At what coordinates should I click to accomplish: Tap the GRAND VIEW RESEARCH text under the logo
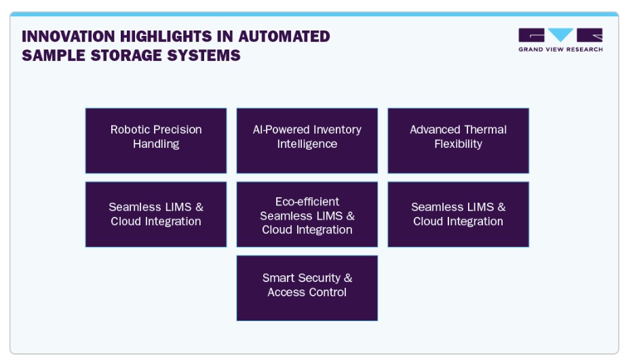coord(560,49)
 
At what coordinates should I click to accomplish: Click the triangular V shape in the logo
coord(561,35)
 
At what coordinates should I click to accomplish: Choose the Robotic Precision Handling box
coord(156,140)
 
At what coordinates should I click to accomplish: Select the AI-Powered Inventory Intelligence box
coord(307,140)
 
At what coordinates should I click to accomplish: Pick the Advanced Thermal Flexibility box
coord(458,140)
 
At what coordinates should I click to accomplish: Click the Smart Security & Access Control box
coord(307,287)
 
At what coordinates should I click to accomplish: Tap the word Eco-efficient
coord(307,201)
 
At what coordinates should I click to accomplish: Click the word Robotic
coord(130,129)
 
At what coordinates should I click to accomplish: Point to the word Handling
coord(156,144)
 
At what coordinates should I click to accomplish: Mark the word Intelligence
coord(307,144)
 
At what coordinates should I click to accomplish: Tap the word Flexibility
coord(458,144)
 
